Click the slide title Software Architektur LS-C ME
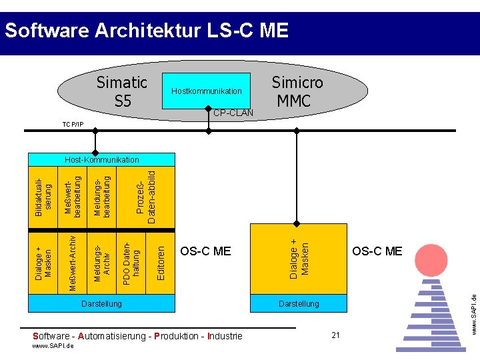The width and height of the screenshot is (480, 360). point(146,31)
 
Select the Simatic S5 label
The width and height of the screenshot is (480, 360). point(121,91)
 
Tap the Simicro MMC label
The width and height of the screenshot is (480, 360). point(297,91)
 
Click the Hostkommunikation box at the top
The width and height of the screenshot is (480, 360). point(207,91)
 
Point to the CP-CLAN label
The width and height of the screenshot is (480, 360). point(233,113)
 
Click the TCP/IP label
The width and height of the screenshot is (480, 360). point(73,125)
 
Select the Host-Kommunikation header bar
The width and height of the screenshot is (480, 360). point(101,160)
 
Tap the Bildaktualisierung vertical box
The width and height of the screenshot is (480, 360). point(42,197)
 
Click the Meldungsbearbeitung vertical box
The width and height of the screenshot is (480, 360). point(103,197)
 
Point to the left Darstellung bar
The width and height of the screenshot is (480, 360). point(101,304)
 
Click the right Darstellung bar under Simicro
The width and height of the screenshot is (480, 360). point(299,304)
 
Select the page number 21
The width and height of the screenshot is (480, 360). point(335,335)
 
